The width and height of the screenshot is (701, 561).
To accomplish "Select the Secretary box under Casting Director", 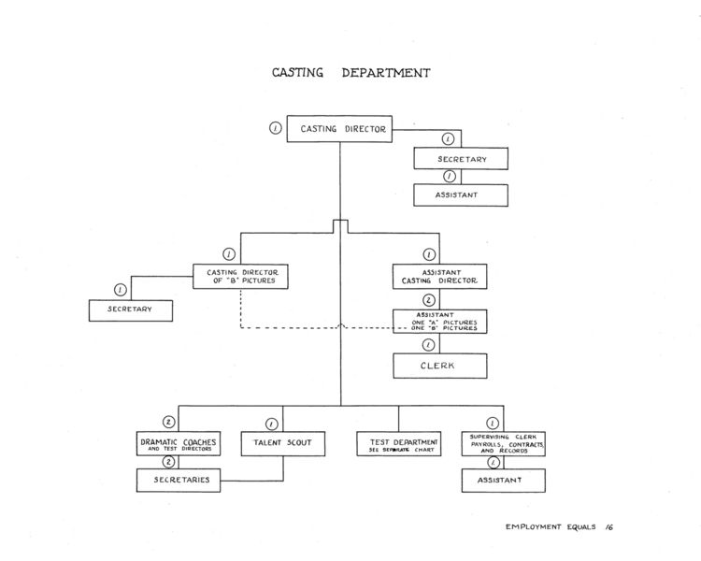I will [462, 159].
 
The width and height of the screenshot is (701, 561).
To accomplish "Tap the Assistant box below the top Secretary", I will [462, 195].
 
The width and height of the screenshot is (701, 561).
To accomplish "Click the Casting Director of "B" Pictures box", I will [240, 276].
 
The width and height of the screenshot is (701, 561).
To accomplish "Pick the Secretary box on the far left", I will [131, 309].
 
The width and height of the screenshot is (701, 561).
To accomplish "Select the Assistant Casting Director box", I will [440, 276].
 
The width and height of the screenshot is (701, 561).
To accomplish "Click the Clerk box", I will [439, 366].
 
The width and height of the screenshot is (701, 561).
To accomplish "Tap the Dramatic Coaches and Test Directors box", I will [179, 443].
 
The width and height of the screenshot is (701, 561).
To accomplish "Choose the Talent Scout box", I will [283, 443].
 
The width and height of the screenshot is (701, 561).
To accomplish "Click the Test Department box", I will [398, 443].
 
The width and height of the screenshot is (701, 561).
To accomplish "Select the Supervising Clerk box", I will [503, 443].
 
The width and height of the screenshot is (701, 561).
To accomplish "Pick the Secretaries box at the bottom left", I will [179, 481].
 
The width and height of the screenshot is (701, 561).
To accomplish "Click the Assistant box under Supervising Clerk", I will [503, 481].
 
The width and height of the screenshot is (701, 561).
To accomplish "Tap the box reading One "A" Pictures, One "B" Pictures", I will [439, 321].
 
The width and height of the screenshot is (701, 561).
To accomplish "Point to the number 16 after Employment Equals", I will [608, 527].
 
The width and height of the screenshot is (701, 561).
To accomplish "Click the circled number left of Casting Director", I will [275, 128].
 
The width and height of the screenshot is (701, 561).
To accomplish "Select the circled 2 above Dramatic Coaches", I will [169, 422].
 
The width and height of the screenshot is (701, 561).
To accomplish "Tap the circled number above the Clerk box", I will [429, 345].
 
